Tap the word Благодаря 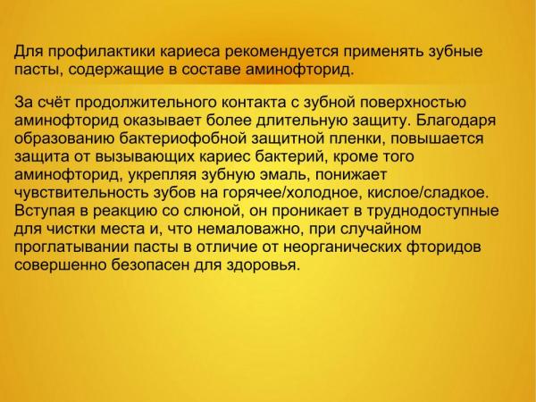coord(456,121)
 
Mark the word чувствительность coord(82,193)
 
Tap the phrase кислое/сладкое coord(428,193)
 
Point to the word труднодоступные coord(433,211)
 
